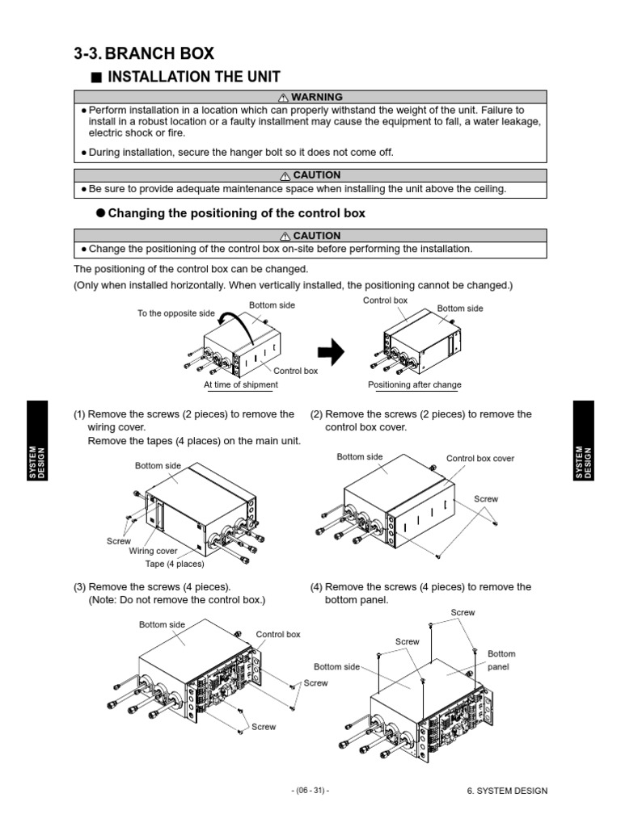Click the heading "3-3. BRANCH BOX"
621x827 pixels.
point(144,53)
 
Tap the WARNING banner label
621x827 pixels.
point(310,98)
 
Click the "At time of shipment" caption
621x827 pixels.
point(240,385)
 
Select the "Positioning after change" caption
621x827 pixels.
point(414,385)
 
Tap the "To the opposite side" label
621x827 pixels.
point(176,313)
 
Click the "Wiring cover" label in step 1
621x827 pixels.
point(153,552)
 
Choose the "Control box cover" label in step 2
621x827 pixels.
point(480,459)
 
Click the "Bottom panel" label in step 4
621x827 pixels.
point(501,660)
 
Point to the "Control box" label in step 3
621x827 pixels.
point(278,635)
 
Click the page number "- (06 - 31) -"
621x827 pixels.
point(310,791)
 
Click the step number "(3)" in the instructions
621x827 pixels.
point(79,587)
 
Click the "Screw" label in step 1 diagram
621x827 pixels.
point(119,540)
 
